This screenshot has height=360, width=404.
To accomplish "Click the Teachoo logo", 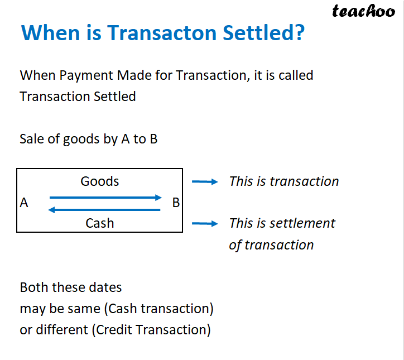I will (363, 11).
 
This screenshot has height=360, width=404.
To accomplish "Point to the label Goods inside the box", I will (100, 181).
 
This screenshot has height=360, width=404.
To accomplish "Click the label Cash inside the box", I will (100, 223).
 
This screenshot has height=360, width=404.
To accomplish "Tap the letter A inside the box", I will (24, 203).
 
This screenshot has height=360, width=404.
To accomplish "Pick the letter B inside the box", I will (176, 203).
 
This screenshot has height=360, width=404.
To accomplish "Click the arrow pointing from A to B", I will (105, 197).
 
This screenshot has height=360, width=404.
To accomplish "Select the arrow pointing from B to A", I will (105, 210).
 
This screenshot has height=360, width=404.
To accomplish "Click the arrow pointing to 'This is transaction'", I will (204, 181).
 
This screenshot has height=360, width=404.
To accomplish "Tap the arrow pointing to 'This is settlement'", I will (204, 224).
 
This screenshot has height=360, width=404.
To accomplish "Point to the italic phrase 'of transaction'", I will (271, 245).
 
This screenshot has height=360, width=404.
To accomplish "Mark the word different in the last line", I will (64, 330).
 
